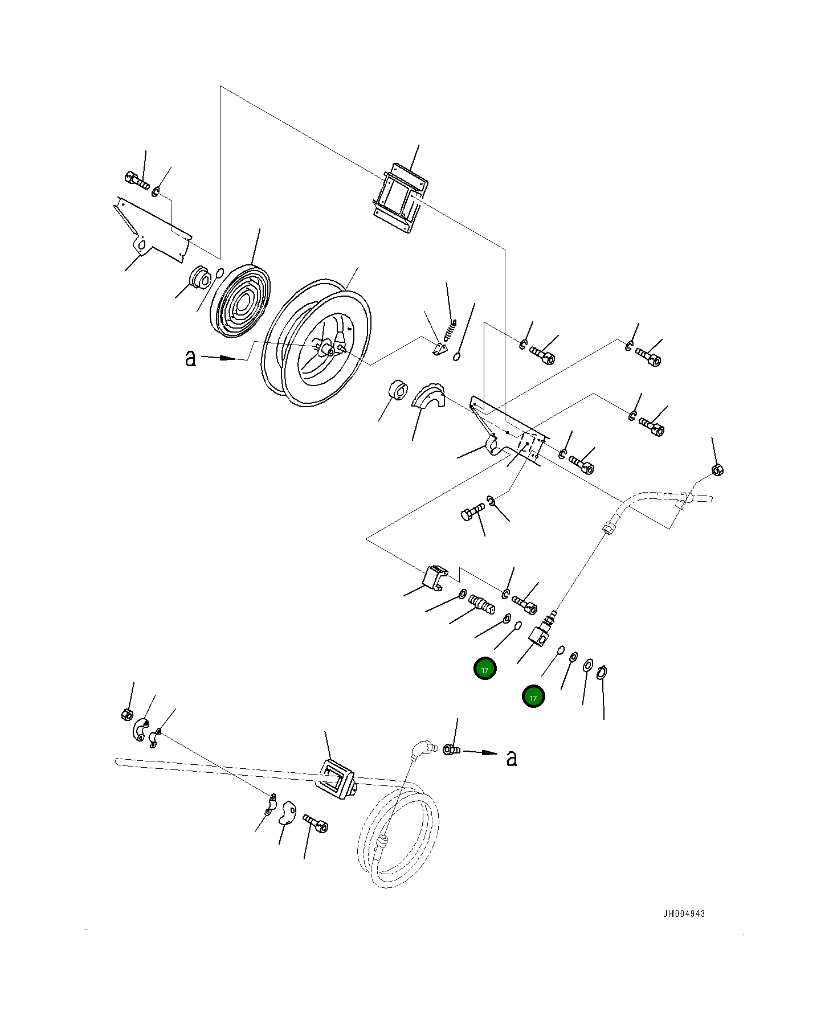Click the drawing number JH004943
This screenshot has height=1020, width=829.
pyautogui.click(x=684, y=914)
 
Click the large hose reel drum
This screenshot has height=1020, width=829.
pyautogui.click(x=316, y=347)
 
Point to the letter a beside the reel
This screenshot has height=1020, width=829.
pyautogui.click(x=190, y=358)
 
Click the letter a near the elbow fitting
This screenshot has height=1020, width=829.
pyautogui.click(x=512, y=757)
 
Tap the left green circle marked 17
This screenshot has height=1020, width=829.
pyautogui.click(x=485, y=669)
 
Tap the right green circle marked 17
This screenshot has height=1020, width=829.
pyautogui.click(x=533, y=697)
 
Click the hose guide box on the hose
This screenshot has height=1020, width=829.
pyautogui.click(x=336, y=779)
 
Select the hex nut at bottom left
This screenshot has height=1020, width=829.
pyautogui.click(x=128, y=714)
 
